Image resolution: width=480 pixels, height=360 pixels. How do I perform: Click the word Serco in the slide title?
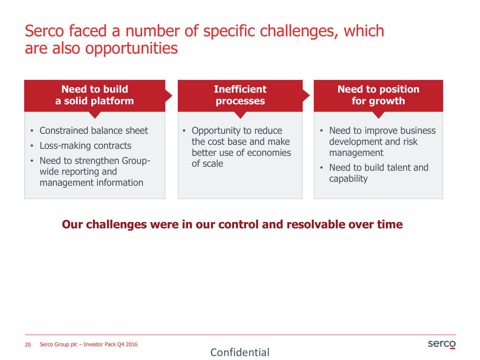click(44, 31)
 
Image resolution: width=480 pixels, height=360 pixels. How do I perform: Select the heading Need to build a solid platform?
click(95, 95)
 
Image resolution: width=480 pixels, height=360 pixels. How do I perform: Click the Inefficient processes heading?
click(240, 95)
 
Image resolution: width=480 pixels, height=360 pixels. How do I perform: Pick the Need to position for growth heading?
click(378, 95)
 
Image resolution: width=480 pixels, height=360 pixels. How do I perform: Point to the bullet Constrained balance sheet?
click(94, 130)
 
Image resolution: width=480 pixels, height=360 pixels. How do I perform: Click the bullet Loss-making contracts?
click(85, 145)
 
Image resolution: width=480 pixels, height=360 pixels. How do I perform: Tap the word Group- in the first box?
click(136, 161)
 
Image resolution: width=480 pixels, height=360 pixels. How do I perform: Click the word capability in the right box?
click(348, 179)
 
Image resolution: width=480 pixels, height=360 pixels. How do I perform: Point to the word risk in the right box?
click(411, 142)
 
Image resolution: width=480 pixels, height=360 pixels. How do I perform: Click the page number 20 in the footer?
click(28, 345)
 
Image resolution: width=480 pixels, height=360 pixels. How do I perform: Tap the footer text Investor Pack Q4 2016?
click(110, 345)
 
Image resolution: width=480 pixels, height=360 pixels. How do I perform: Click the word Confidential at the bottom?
click(240, 352)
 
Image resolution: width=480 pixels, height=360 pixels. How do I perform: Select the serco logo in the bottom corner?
click(442, 344)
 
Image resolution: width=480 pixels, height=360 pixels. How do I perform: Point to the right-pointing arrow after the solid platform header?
click(169, 96)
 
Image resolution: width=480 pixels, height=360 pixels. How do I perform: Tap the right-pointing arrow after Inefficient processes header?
click(306, 96)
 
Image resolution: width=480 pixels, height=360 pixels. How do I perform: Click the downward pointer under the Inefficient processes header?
click(240, 115)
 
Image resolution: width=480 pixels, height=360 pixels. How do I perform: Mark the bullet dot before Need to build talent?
click(321, 168)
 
